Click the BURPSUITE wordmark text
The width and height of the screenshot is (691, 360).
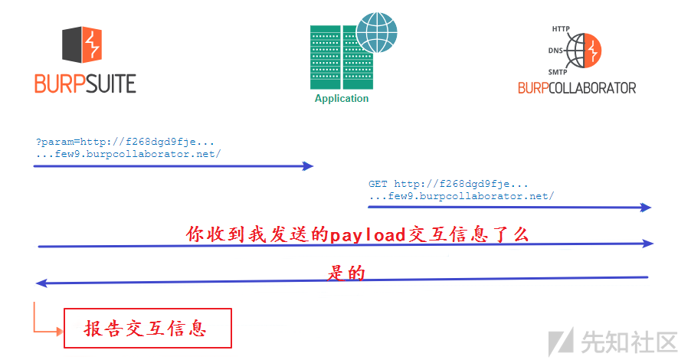[x=85, y=83]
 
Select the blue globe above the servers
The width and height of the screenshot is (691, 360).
[x=377, y=31]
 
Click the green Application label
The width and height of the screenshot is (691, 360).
[x=342, y=99]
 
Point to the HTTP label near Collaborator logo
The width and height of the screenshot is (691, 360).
[x=561, y=29]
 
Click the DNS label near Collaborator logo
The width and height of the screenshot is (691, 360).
[x=556, y=51]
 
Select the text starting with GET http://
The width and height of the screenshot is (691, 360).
[x=460, y=190]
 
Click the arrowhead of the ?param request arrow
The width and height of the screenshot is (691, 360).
[x=309, y=165]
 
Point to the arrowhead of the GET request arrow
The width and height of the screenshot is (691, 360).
[x=646, y=207]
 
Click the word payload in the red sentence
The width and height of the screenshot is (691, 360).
[x=367, y=234]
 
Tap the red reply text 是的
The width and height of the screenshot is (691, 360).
[x=346, y=273]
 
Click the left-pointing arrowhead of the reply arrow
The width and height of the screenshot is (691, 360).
[x=41, y=283]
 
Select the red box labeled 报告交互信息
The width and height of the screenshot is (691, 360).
[x=146, y=329]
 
